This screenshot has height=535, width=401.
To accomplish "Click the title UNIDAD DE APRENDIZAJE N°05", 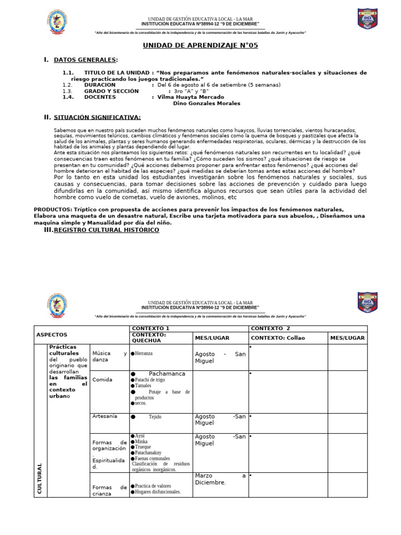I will (200, 45).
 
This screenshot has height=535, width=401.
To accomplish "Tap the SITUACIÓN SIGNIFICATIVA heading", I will (97, 118).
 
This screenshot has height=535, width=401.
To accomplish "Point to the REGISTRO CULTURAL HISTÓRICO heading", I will (107, 230).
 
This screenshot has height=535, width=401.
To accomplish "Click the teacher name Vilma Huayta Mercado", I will (191, 97).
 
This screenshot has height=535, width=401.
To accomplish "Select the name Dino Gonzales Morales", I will (206, 103).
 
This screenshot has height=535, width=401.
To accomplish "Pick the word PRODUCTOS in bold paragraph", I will (53, 209).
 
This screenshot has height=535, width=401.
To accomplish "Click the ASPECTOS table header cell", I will (52, 334).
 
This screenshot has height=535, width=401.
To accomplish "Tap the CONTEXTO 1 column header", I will (150, 328).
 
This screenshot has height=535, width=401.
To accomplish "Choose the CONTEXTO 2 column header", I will (270, 328).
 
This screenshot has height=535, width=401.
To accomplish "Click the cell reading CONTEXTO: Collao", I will (278, 338).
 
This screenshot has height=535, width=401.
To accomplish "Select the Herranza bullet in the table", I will (143, 354).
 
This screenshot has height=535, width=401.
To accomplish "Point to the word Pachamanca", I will (167, 374).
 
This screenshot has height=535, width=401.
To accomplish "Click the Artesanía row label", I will (104, 416).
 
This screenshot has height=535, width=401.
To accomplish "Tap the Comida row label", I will (102, 380).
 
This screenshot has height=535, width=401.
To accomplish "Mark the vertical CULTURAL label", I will (40, 478).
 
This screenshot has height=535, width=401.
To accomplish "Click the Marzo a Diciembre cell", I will (220, 479).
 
